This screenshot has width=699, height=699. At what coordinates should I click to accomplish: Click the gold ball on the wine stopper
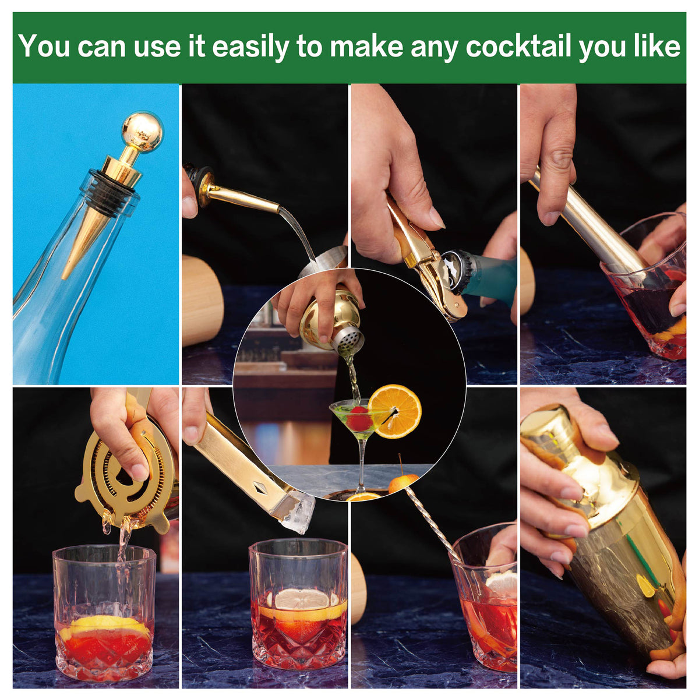tap(143, 130)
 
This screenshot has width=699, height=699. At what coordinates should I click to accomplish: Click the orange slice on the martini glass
tap(395, 412)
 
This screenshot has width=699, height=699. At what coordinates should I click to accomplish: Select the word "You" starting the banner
tap(44, 47)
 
